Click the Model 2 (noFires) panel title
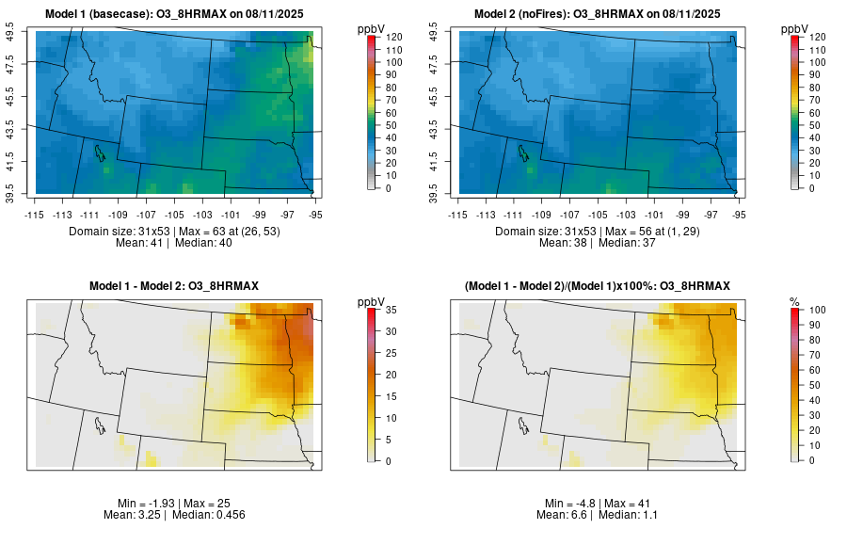[x=596, y=14]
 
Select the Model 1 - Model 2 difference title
[x=173, y=285]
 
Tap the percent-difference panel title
[x=596, y=285]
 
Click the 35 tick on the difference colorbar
[x=389, y=309]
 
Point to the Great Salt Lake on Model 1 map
[x=98, y=152]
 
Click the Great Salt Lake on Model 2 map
[x=520, y=152]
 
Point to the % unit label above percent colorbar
[x=793, y=301]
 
